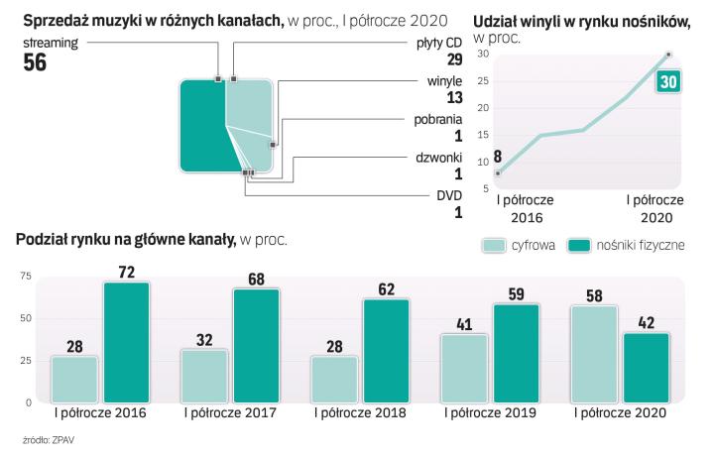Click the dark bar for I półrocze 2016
tap(126, 343)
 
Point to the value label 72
tap(126, 270)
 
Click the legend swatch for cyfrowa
tap(494, 245)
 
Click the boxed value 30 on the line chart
tap(667, 82)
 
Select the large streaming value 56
tap(36, 63)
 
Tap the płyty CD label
tap(437, 45)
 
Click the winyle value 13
tap(455, 97)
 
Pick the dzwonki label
tap(438, 157)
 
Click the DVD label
tap(449, 195)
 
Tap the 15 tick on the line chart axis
tap(484, 135)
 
